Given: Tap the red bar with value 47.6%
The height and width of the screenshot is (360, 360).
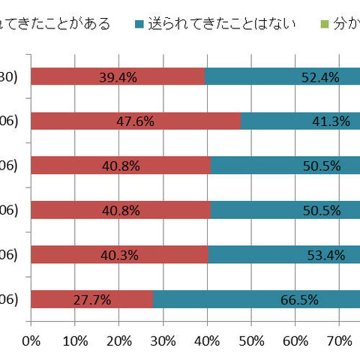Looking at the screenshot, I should tap(136, 121).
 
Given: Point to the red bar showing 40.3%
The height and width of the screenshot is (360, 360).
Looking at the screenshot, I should tap(119, 255).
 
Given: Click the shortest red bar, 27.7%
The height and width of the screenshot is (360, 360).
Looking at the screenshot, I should tap(91, 299).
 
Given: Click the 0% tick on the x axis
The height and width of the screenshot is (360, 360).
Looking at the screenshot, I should tap(31, 341).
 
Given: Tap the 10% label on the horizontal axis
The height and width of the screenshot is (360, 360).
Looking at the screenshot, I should tap(75, 341).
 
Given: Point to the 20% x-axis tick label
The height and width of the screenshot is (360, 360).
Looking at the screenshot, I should tap(119, 341).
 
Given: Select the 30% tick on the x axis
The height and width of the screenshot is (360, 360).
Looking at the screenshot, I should tap(163, 341).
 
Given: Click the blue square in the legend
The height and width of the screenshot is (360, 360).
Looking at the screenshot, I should tap(139, 23).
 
